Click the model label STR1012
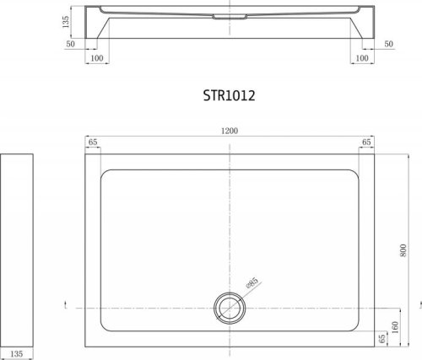click(x=229, y=96)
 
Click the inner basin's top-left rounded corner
click(x=105, y=175)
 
